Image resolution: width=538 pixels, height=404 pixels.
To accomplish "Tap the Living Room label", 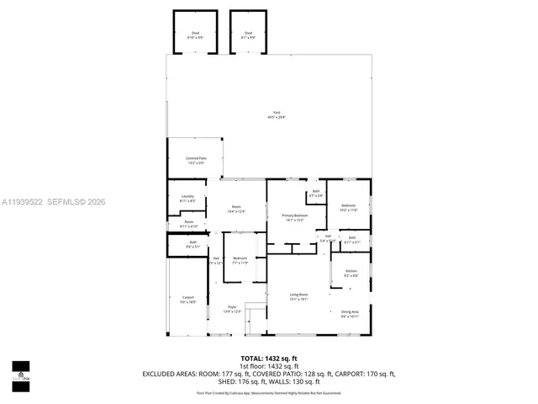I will (x=299, y=296).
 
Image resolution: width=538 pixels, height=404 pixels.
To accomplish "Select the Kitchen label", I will (x=351, y=274).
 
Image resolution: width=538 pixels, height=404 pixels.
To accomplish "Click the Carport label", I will (x=187, y=299).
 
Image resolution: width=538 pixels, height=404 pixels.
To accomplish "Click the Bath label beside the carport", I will (x=193, y=245).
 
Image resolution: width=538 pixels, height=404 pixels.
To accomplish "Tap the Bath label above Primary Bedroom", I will (x=315, y=194).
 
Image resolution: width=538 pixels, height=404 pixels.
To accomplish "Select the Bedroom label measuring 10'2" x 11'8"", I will (x=348, y=207).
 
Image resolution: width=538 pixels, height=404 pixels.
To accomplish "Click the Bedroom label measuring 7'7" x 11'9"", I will (x=240, y=260).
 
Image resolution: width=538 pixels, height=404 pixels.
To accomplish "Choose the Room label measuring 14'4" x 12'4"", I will (x=236, y=209).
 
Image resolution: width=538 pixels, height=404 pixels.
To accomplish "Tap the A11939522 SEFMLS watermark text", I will (x=53, y=202).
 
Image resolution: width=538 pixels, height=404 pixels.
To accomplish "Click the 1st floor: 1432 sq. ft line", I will (x=270, y=366).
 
